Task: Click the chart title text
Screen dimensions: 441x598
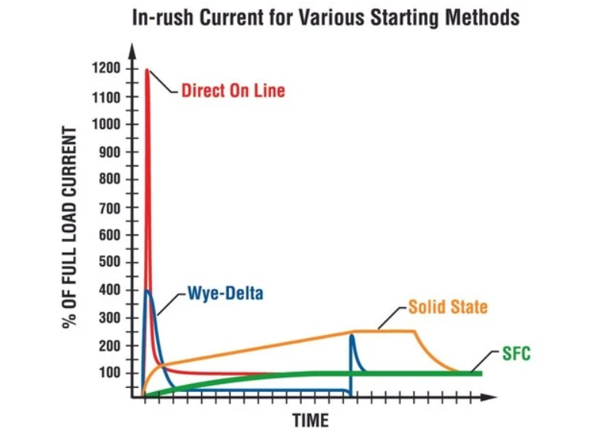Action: (x=326, y=17)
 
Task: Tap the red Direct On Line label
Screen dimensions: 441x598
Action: (x=233, y=91)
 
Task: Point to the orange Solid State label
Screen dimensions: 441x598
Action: (x=448, y=307)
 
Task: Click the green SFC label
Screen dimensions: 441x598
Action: (x=517, y=354)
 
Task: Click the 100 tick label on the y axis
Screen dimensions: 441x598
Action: (x=108, y=373)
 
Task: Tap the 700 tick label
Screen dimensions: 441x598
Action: (x=108, y=207)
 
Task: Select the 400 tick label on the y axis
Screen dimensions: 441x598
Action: (x=108, y=290)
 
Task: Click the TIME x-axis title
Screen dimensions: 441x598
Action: (x=310, y=420)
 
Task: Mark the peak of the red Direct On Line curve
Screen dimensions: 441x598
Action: (x=147, y=71)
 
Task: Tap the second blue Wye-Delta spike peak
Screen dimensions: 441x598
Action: (x=352, y=335)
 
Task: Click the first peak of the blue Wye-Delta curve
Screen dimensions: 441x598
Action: (x=148, y=290)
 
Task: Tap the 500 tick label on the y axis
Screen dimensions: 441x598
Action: (x=108, y=263)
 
